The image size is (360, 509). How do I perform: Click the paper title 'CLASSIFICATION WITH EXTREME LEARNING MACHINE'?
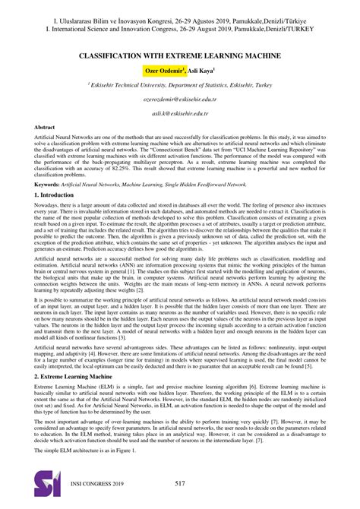click(x=180, y=56)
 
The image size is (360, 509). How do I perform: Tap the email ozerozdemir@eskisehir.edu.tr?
click(x=179, y=100)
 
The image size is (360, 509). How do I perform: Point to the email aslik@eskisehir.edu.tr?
click(x=179, y=112)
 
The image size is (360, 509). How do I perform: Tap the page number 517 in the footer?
click(x=180, y=484)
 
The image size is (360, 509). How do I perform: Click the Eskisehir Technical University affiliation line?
click(x=180, y=86)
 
